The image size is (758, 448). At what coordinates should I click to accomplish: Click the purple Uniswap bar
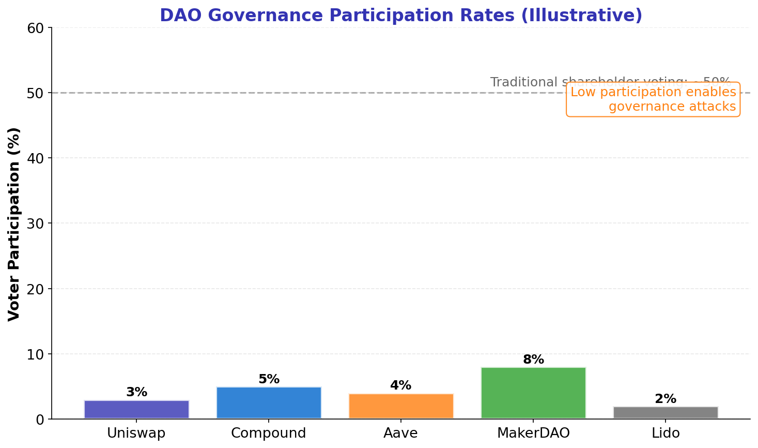click(x=136, y=409)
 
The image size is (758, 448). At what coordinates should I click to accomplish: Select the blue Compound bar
click(x=269, y=403)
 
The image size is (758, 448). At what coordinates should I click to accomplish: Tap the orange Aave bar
click(x=401, y=406)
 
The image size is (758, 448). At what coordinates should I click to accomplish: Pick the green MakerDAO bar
click(x=533, y=393)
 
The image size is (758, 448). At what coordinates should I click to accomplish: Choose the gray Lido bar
click(x=666, y=412)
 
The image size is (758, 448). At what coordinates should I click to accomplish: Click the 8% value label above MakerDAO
click(x=533, y=360)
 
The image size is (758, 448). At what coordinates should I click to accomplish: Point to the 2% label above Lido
click(x=666, y=399)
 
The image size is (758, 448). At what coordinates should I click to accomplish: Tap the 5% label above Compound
click(x=269, y=379)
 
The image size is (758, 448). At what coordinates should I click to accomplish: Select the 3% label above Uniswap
click(x=136, y=392)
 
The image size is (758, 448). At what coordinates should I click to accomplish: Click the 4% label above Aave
click(x=401, y=385)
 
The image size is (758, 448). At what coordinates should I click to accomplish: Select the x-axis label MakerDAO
click(x=533, y=434)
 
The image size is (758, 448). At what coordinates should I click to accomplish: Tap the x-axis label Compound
click(x=269, y=434)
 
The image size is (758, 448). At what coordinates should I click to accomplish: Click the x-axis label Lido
click(x=666, y=434)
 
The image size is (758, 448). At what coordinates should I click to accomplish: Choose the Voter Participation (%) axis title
click(x=14, y=223)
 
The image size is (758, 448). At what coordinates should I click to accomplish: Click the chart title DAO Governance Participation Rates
click(x=400, y=15)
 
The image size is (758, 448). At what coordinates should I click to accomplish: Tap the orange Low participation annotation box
click(x=653, y=99)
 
